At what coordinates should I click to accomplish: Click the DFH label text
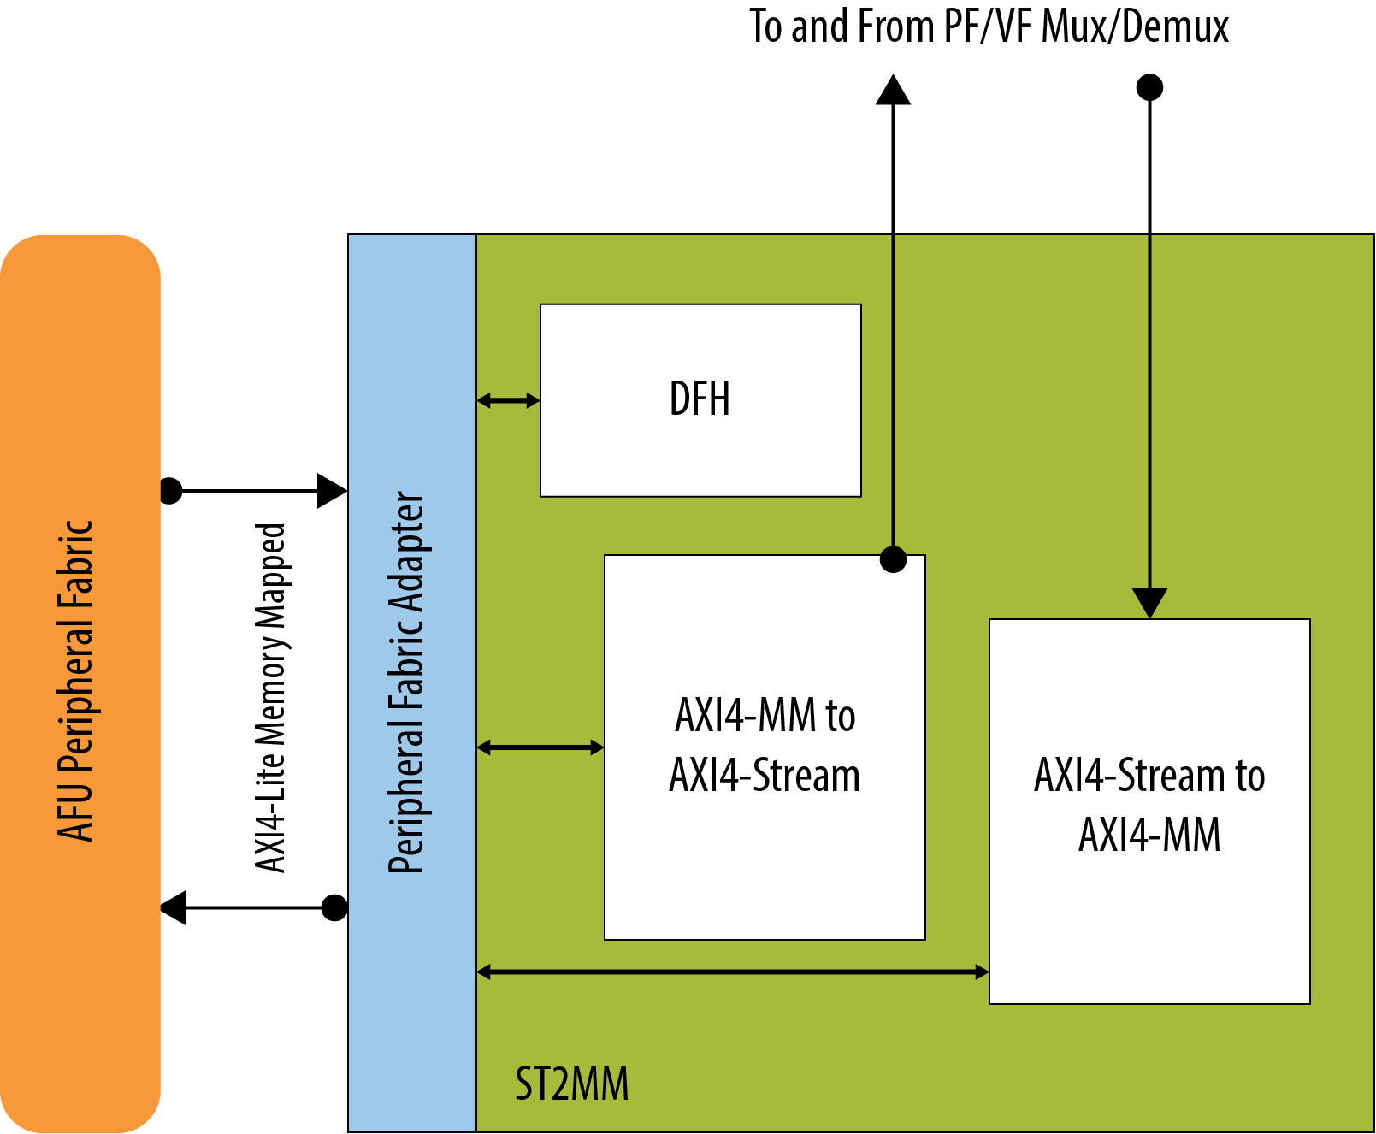click(700, 399)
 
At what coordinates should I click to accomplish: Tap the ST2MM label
click(571, 1084)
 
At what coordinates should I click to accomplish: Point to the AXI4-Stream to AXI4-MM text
click(1149, 805)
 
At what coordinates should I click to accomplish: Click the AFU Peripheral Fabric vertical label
click(75, 681)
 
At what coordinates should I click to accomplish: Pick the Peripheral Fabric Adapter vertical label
click(406, 682)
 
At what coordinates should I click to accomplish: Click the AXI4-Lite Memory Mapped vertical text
click(271, 698)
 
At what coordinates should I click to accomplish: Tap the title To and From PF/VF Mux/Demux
click(989, 26)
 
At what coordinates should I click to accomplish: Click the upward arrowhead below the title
click(893, 90)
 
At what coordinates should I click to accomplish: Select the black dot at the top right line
click(1149, 87)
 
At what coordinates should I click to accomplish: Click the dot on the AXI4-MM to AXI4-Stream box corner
click(893, 559)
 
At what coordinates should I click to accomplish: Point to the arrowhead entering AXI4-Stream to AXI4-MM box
click(1149, 602)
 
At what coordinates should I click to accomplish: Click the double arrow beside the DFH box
click(508, 399)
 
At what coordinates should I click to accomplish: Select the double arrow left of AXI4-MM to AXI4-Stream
click(540, 747)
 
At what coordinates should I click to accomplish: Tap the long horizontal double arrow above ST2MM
click(732, 972)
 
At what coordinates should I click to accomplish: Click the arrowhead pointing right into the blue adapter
click(332, 491)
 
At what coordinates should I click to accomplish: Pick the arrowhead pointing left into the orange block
click(174, 907)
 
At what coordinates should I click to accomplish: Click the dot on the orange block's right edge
click(171, 491)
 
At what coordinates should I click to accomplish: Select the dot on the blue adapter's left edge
click(334, 907)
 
